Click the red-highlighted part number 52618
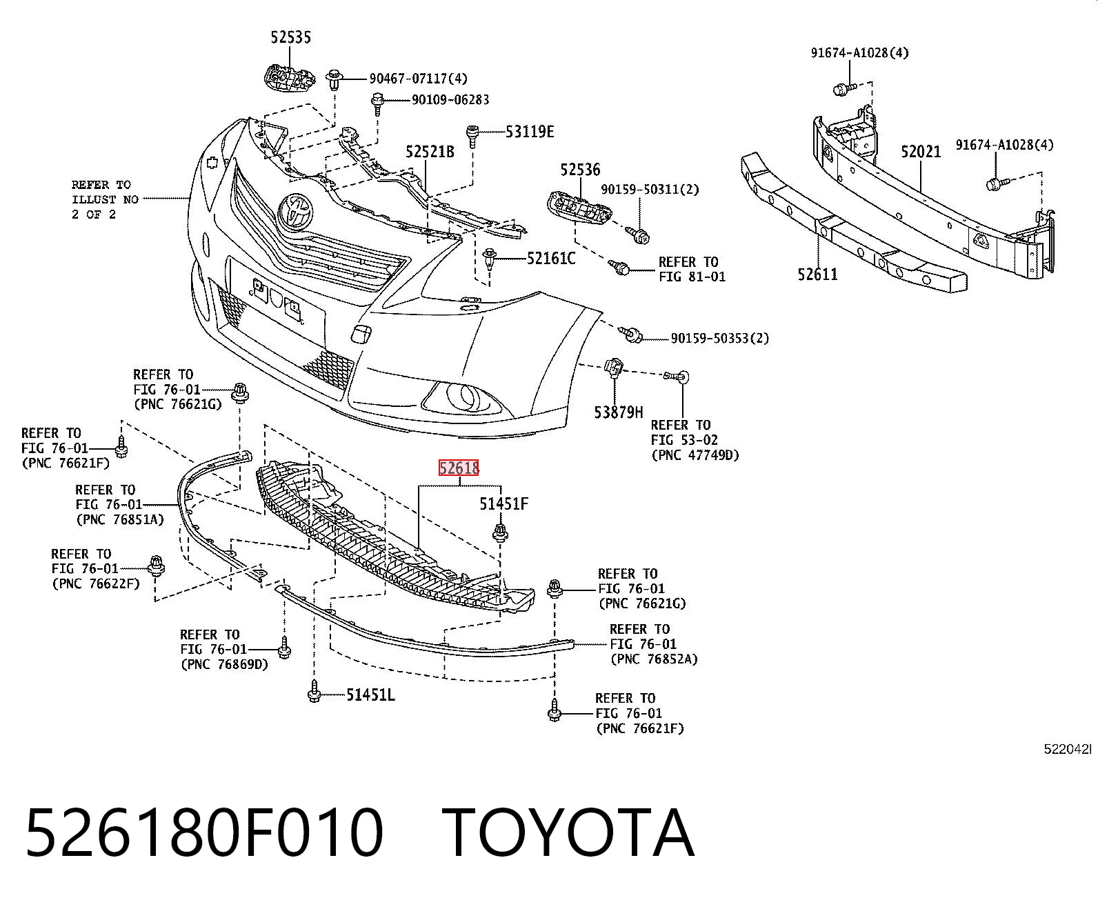point(459,468)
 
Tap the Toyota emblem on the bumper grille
point(297,210)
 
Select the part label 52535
point(291,37)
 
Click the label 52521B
point(430,152)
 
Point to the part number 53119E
point(530,132)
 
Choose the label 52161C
point(551,259)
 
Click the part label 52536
point(580,170)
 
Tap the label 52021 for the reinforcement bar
point(921,152)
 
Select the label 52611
point(818,274)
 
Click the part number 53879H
point(619,412)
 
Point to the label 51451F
point(503,504)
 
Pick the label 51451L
point(371,695)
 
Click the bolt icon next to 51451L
point(314,691)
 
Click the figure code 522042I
point(1068,749)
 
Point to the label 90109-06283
point(450,100)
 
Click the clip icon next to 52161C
point(490,259)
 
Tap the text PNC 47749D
point(695,455)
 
